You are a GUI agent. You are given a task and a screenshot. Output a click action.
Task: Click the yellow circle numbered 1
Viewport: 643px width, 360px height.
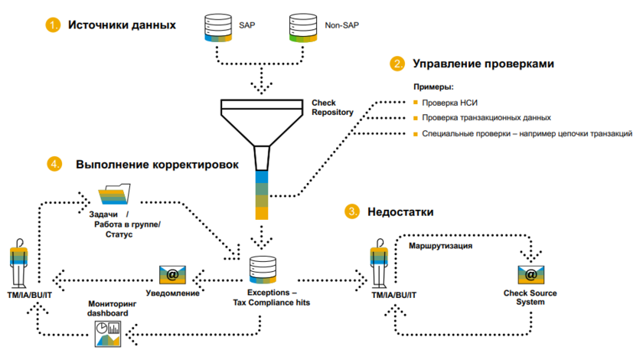[x=52, y=25]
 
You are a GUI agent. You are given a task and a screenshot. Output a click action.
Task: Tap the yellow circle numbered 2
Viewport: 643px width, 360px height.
[x=397, y=64]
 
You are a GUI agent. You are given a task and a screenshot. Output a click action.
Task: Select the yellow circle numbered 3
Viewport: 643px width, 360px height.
[x=351, y=211]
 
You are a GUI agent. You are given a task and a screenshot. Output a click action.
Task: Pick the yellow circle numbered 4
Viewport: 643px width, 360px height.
[x=54, y=164]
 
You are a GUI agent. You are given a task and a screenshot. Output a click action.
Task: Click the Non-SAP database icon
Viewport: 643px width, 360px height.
[x=303, y=28]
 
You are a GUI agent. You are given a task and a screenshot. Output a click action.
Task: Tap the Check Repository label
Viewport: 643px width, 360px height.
[x=331, y=107]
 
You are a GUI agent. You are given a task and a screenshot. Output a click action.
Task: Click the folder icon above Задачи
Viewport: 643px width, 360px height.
[x=116, y=195]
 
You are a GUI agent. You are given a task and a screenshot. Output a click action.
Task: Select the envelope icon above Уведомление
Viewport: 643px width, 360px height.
[x=172, y=274]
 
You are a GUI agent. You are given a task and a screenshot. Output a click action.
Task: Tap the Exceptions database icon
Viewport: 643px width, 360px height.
[x=263, y=270]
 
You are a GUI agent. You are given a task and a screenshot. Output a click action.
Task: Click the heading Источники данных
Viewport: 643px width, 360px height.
[x=122, y=25]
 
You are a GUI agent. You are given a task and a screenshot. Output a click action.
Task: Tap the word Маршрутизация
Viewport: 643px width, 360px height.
[x=439, y=247]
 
